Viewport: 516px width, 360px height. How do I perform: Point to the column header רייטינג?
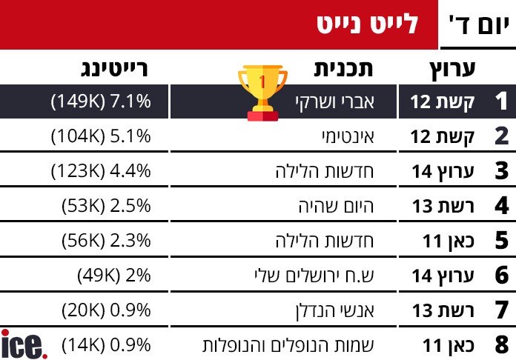pos(116,70)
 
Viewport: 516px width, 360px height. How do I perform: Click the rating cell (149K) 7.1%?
pos(101,101)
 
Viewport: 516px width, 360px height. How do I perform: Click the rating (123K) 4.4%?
pos(101,171)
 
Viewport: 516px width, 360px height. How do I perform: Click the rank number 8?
pos(501,344)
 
